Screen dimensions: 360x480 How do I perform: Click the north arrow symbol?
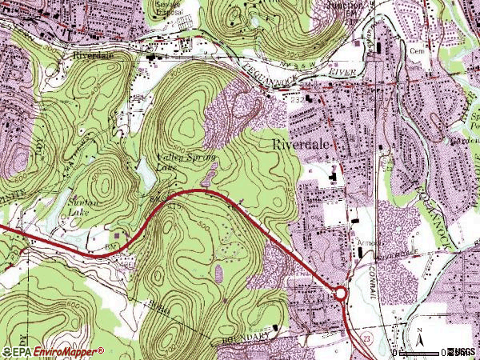[418, 336]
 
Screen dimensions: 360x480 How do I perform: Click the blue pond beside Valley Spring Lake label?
[144, 171]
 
